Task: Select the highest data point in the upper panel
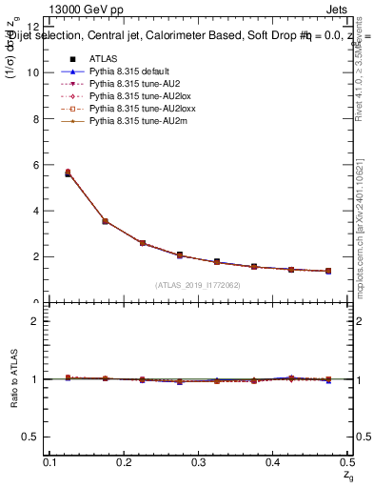point(68,173)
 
